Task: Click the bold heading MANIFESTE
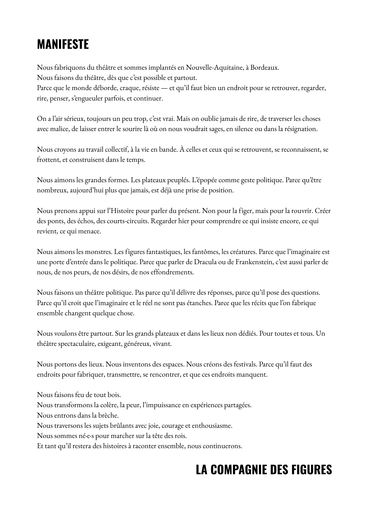(63, 44)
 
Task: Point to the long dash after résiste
(164, 88)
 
